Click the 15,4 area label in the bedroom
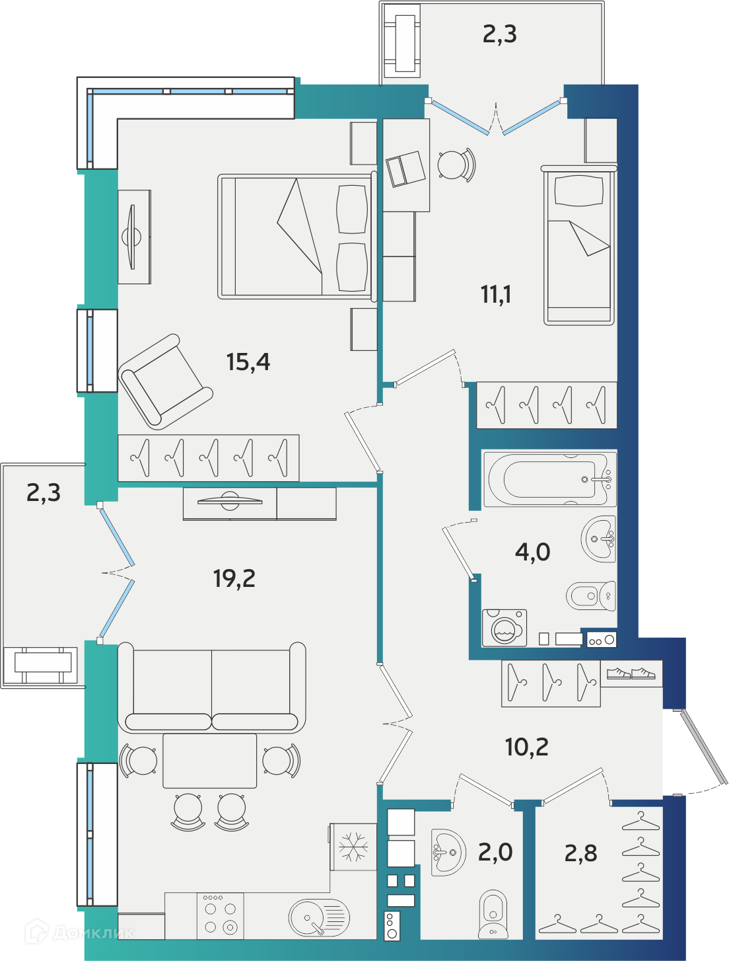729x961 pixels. tap(248, 362)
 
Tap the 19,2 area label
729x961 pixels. tap(234, 578)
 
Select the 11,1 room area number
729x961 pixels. tap(496, 294)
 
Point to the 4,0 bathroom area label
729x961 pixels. tap(532, 552)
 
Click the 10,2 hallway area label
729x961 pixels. tap(526, 747)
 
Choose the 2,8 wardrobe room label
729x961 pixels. tap(580, 854)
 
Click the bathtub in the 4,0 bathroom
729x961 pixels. tap(549, 479)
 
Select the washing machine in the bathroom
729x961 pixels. tap(504, 628)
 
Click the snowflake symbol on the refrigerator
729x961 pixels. tap(353, 846)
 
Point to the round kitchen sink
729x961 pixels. tap(319, 918)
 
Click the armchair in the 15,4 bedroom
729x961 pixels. tap(165, 382)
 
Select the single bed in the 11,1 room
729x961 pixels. tap(579, 246)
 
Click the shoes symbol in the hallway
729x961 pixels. tap(631, 673)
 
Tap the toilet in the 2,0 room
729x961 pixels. tap(493, 914)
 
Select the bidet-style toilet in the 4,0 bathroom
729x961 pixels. tap(591, 596)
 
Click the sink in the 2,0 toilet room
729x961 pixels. tap(448, 852)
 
